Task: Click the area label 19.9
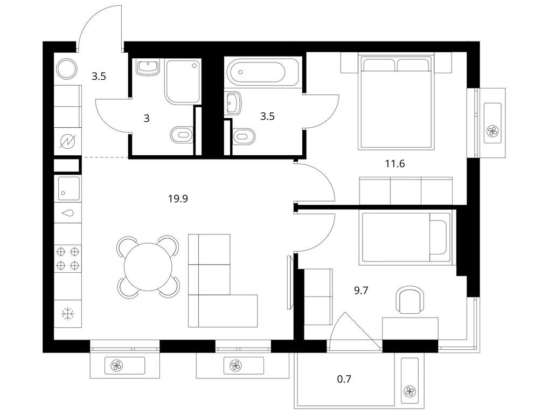click(x=177, y=198)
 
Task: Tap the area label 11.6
click(x=394, y=164)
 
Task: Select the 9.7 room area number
click(x=362, y=290)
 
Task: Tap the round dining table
click(x=148, y=266)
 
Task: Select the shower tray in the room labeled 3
click(x=182, y=81)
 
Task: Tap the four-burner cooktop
click(x=68, y=257)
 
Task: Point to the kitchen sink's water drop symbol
click(x=68, y=213)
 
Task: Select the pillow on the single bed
click(x=440, y=237)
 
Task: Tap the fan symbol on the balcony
click(x=410, y=391)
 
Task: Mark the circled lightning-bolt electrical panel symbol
click(x=68, y=141)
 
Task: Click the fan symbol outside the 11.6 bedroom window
click(x=492, y=130)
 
